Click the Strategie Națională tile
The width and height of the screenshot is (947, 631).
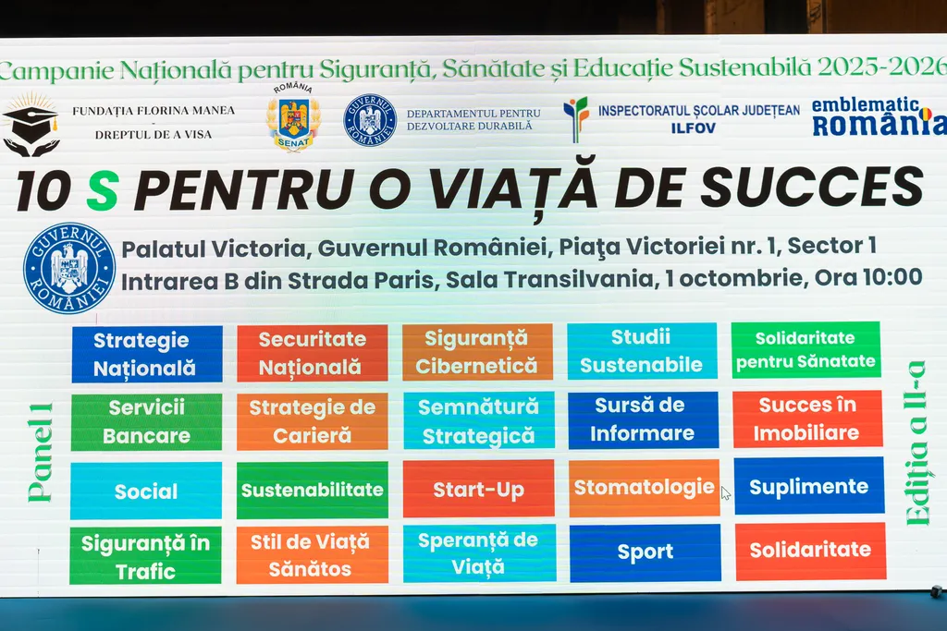pyautogui.click(x=147, y=354)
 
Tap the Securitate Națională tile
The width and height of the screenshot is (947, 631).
pyautogui.click(x=313, y=353)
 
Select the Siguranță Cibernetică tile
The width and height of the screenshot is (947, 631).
pyautogui.click(x=477, y=352)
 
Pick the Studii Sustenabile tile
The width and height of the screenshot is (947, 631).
pyautogui.click(x=642, y=350)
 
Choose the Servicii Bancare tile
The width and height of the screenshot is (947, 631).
pyautogui.click(x=146, y=421)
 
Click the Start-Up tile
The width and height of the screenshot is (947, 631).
pyautogui.click(x=478, y=489)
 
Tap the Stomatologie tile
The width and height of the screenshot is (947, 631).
pyautogui.click(x=645, y=488)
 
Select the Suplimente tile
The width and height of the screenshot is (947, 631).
pyautogui.click(x=809, y=486)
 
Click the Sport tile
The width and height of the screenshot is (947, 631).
pyautogui.click(x=645, y=552)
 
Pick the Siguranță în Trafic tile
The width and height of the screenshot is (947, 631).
pyautogui.click(x=145, y=555)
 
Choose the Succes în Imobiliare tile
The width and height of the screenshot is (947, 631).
pyautogui.click(x=807, y=419)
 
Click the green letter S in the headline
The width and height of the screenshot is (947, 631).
pyautogui.click(x=102, y=190)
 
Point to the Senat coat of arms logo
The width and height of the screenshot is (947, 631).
pyautogui.click(x=293, y=118)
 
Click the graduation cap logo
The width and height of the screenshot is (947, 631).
pyautogui.click(x=31, y=125)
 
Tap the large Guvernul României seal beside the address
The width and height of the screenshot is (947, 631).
pyautogui.click(x=68, y=269)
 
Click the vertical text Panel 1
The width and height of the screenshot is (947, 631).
pyautogui.click(x=41, y=453)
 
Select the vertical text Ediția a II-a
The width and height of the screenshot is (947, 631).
pyautogui.click(x=916, y=443)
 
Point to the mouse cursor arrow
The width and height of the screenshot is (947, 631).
pyautogui.click(x=725, y=492)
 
